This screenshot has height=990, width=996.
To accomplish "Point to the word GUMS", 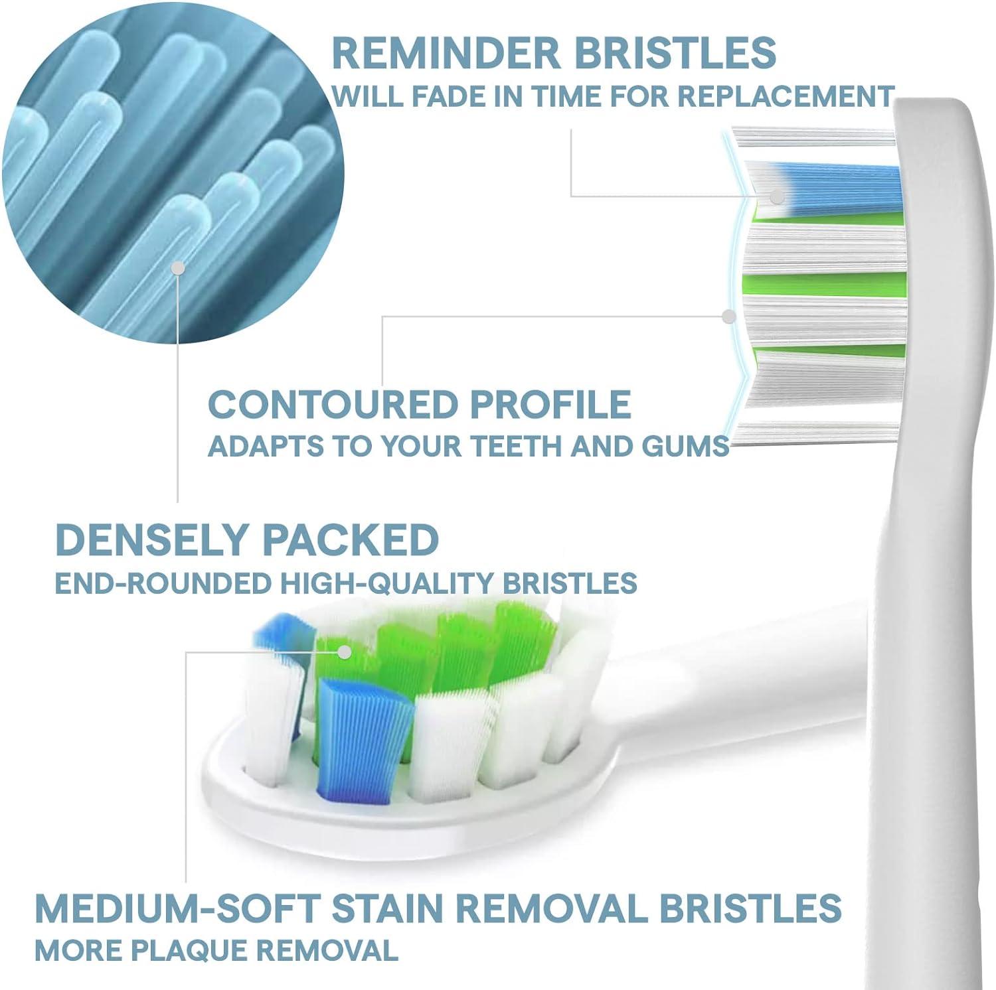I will pyautogui.click(x=686, y=447).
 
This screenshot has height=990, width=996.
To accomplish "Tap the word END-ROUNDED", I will pyautogui.click(x=163, y=583).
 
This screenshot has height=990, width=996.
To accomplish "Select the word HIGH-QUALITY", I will pyautogui.click(x=386, y=583).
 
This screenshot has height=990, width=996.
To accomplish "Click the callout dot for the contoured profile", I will pyautogui.click(x=729, y=317).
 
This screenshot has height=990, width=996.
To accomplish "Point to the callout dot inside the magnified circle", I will pyautogui.click(x=177, y=267).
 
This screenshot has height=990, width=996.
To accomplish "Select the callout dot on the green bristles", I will pyautogui.click(x=344, y=652).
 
